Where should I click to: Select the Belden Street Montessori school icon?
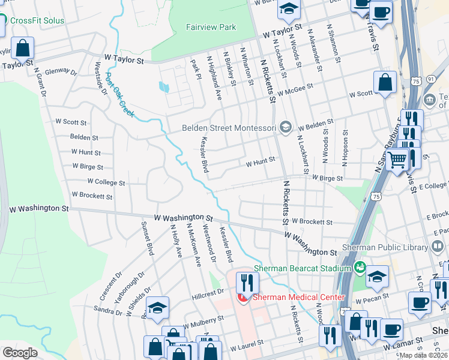tap(286, 127)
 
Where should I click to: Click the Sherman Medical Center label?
tap(298, 297)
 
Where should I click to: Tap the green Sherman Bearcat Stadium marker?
tap(360, 268)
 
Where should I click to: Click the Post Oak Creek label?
tap(119, 95)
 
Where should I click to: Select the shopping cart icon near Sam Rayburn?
tap(397, 160)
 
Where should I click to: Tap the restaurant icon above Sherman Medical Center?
tap(247, 282)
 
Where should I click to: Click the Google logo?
tap(20, 353)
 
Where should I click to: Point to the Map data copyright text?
tap(424, 355)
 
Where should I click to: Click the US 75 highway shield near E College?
tap(376, 196)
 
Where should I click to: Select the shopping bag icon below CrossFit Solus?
tap(22, 47)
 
